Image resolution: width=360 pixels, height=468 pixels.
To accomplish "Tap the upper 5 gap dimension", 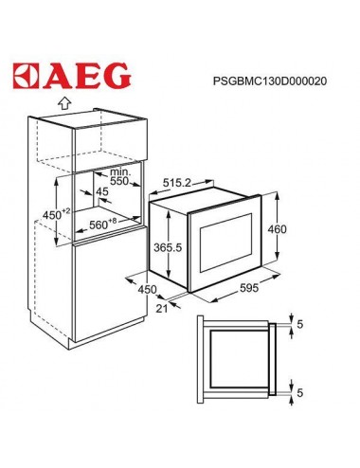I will (300, 324).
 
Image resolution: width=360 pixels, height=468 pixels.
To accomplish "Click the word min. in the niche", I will (118, 170).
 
